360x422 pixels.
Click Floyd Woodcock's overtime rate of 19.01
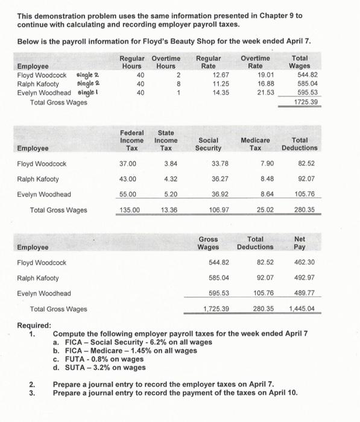(x=256, y=75)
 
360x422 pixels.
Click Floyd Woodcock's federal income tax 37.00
(x=128, y=163)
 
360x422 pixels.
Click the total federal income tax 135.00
(x=128, y=210)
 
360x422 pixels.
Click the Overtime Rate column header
(x=256, y=62)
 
